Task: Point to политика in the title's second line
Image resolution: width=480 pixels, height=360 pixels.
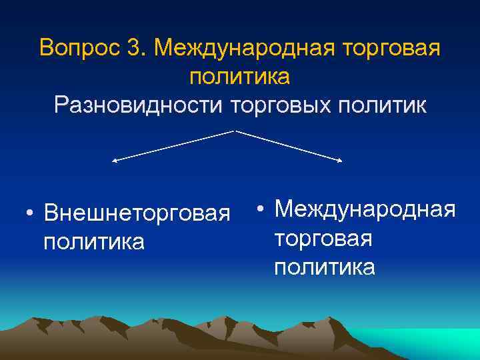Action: pos(239,77)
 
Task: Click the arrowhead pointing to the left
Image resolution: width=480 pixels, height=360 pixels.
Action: pos(114,161)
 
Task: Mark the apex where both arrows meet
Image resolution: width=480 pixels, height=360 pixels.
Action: pos(235,131)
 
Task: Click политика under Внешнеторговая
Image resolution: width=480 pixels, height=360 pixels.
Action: pos(93,241)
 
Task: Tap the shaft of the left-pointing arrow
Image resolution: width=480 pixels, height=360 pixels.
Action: pos(173,146)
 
